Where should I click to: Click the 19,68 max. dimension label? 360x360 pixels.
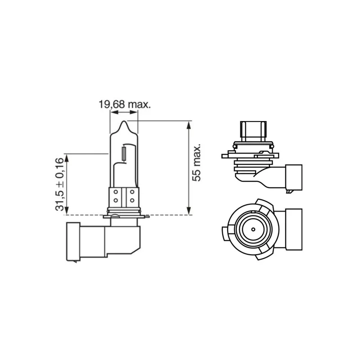pos(125,105)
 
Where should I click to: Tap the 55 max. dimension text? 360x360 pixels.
pos(196,162)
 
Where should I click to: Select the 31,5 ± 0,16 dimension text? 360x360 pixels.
pos(59,184)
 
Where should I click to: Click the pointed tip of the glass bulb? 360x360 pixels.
pos(124,121)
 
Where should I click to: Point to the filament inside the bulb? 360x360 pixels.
pos(124,154)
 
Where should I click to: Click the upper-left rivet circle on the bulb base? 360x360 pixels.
pos(116,192)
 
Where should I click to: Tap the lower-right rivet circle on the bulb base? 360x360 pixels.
pos(132,200)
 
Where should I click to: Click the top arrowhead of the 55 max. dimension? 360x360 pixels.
pos(189,125)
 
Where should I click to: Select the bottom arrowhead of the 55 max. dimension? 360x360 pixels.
pos(189,211)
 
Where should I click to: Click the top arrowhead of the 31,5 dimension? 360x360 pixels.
pos(67,158)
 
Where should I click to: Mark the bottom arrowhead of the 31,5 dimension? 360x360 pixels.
pos(67,211)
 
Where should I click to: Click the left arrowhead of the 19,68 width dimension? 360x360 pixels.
pos(114,112)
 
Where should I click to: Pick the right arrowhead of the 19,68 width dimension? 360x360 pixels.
pos(134,112)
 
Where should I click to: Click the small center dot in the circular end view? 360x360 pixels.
pos(253,229)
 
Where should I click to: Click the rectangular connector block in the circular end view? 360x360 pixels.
pos(294,229)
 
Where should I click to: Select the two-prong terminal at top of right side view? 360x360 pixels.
pos(253,131)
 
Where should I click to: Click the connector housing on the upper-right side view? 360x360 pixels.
pos(293,177)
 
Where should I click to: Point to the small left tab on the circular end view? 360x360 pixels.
pos(225,234)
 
